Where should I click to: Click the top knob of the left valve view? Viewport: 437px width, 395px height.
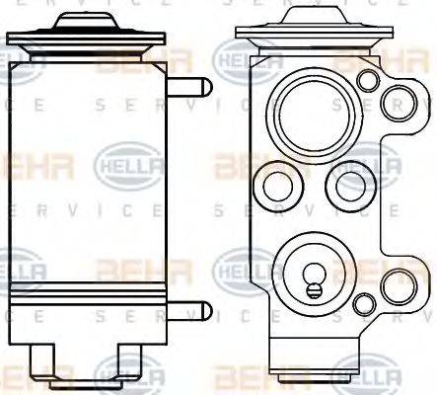tap(88, 21)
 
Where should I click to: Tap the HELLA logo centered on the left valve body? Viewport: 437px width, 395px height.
tap(121, 164)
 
